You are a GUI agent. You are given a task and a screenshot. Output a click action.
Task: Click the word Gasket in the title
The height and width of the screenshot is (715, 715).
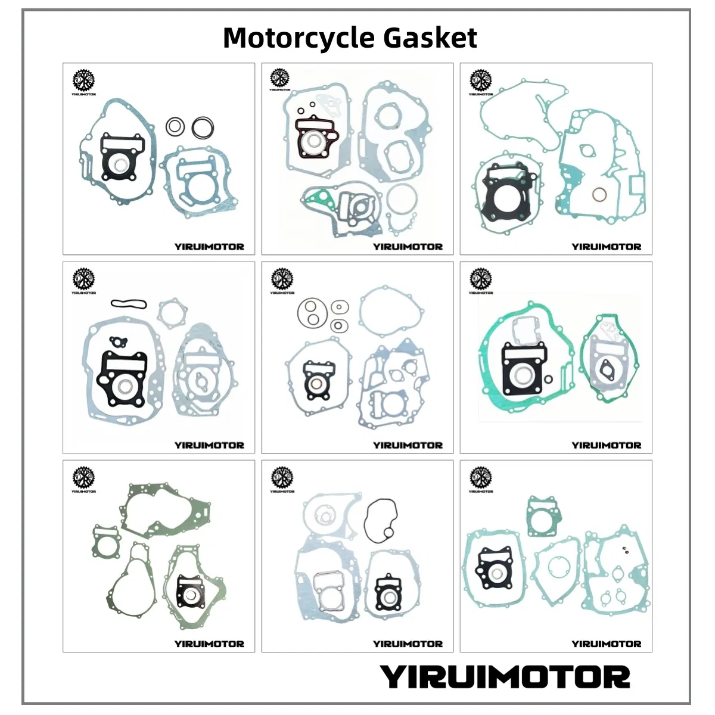(430, 38)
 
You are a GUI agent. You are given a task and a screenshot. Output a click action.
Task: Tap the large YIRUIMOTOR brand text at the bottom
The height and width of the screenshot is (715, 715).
(505, 677)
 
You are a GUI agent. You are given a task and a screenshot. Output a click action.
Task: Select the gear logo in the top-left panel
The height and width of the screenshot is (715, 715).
(83, 81)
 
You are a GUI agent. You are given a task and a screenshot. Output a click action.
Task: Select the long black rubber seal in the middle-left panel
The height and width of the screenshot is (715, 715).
(128, 303)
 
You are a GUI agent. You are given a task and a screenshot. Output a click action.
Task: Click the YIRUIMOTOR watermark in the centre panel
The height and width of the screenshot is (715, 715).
(408, 445)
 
